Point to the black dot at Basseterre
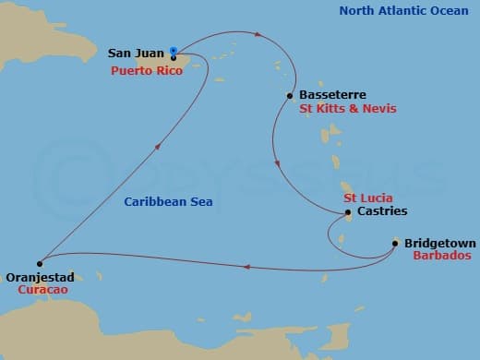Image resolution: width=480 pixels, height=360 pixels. pyautogui.click(x=291, y=95)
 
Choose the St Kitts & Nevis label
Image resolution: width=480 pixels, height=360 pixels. pyautogui.click(x=348, y=109)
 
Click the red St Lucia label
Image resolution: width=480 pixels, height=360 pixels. pyautogui.click(x=368, y=198)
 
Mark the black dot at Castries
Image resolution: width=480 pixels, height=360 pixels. pyautogui.click(x=347, y=213)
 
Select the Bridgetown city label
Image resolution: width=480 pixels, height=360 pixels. pyautogui.click(x=439, y=244)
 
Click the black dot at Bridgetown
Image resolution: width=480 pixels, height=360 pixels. pyautogui.click(x=395, y=244)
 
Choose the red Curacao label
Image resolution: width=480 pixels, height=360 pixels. pyautogui.click(x=42, y=289)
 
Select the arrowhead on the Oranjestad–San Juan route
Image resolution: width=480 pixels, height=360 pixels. pyautogui.click(x=161, y=145)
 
